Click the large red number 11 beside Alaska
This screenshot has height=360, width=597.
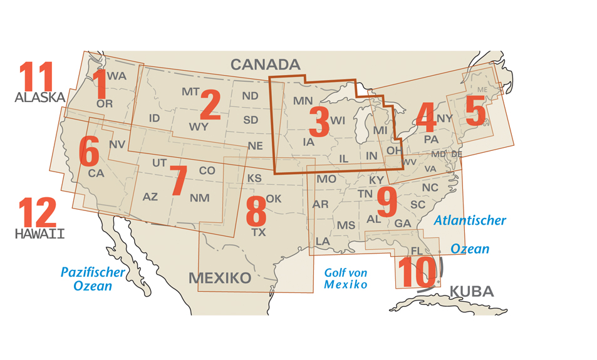pyautogui.click(x=36, y=77)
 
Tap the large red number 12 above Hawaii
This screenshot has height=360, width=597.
pyautogui.click(x=36, y=213)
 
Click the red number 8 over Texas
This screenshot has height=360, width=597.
pyautogui.click(x=256, y=212)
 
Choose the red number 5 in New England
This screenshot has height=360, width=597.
pyautogui.click(x=475, y=113)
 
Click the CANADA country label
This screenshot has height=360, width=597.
pyautogui.click(x=266, y=64)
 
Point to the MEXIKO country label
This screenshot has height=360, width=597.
pyautogui.click(x=220, y=278)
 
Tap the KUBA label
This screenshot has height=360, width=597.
pyautogui.click(x=472, y=291)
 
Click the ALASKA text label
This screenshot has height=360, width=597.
pyautogui.click(x=40, y=98)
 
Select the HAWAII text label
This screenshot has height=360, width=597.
pyautogui.click(x=40, y=234)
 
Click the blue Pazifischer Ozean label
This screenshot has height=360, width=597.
pyautogui.click(x=93, y=279)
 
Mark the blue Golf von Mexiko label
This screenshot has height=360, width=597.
pyautogui.click(x=346, y=278)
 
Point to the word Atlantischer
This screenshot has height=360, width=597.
pyautogui.click(x=470, y=220)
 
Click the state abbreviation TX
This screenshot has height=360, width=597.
pyautogui.click(x=258, y=232)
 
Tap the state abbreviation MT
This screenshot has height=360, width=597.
pyautogui.click(x=190, y=92)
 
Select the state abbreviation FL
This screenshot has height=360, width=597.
pyautogui.click(x=417, y=251)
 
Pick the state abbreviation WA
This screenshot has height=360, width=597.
pyautogui.click(x=117, y=76)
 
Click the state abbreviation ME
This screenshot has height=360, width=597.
pyautogui.click(x=482, y=90)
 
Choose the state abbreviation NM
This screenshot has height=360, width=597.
pyautogui.click(x=199, y=198)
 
